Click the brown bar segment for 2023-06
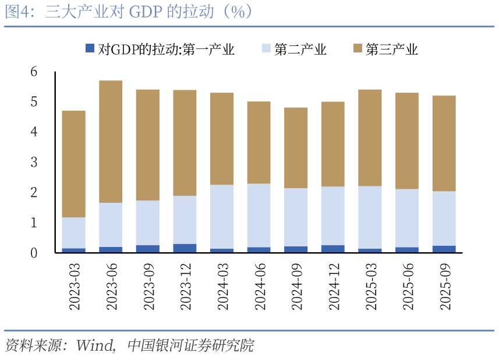(111, 141)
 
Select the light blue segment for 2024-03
(221, 217)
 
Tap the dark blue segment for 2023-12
(185, 248)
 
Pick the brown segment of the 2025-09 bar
(444, 143)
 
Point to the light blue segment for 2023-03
(73, 232)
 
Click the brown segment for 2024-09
(296, 147)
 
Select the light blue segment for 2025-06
(406, 218)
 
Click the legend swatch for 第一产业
(90, 49)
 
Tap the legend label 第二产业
(300, 50)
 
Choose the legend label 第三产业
(392, 50)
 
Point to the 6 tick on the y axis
(34, 72)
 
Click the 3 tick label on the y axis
(34, 163)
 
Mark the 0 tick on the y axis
(34, 253)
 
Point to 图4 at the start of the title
(17, 12)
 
